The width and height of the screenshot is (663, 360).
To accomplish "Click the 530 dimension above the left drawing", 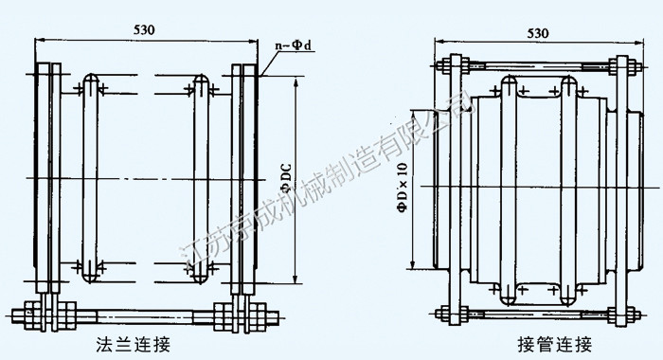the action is (144, 29).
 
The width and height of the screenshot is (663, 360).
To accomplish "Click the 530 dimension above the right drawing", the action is (538, 33).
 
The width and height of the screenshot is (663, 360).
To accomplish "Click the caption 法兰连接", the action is (134, 344).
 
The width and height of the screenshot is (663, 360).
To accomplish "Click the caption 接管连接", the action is (555, 344).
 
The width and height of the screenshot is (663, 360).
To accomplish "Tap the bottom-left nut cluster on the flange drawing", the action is (50, 315).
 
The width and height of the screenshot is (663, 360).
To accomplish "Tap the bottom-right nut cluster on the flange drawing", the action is (241, 316).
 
